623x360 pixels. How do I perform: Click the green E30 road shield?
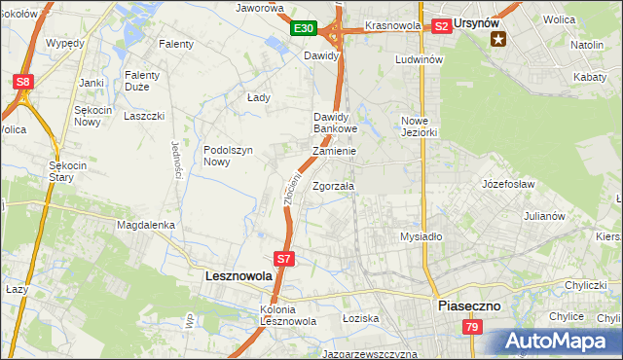(x=303, y=29)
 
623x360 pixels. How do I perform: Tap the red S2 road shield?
(x=441, y=26)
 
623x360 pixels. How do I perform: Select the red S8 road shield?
(x=23, y=83)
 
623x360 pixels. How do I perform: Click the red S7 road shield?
(x=283, y=259)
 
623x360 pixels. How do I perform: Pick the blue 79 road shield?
(x=472, y=330)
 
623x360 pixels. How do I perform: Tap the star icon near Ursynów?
(x=499, y=39)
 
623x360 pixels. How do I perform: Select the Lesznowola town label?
(x=238, y=276)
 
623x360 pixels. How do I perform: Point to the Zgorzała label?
(x=334, y=186)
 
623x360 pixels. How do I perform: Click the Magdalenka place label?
(x=146, y=225)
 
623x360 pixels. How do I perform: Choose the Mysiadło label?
(x=421, y=236)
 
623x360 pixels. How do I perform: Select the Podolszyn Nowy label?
(x=228, y=156)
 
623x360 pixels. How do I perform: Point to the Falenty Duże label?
(x=147, y=81)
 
